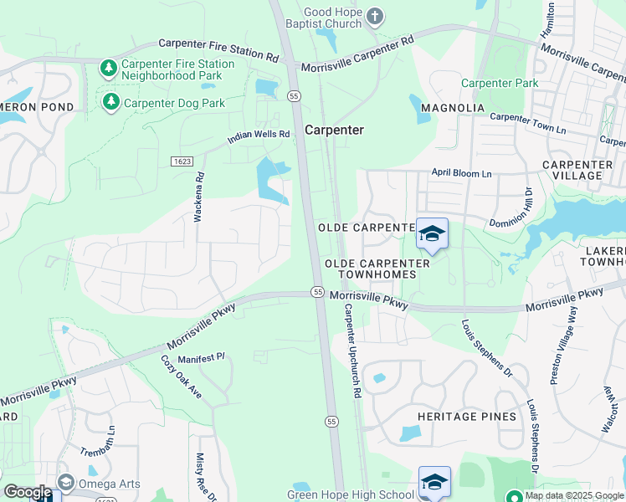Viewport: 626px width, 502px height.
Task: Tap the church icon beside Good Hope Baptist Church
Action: (x=375, y=15)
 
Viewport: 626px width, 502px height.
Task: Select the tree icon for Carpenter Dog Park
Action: (x=110, y=102)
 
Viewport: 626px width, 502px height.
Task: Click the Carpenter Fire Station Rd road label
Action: (x=218, y=49)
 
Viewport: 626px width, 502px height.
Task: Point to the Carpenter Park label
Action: (x=500, y=84)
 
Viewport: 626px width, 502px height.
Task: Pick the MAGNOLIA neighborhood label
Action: (x=453, y=108)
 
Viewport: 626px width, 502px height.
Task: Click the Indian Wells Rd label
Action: (x=259, y=136)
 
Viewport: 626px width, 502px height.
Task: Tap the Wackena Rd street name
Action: (x=199, y=197)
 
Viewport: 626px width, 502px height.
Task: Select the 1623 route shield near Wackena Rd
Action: (x=182, y=161)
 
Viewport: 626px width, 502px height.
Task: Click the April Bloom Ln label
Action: (x=461, y=172)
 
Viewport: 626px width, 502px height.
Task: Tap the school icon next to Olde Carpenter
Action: (x=432, y=233)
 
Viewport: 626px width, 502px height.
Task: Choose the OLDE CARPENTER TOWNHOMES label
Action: (x=377, y=269)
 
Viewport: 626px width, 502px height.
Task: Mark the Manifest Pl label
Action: (x=202, y=357)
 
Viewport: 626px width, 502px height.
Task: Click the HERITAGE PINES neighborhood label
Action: (x=463, y=416)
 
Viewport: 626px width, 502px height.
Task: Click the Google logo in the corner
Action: (x=27, y=492)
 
